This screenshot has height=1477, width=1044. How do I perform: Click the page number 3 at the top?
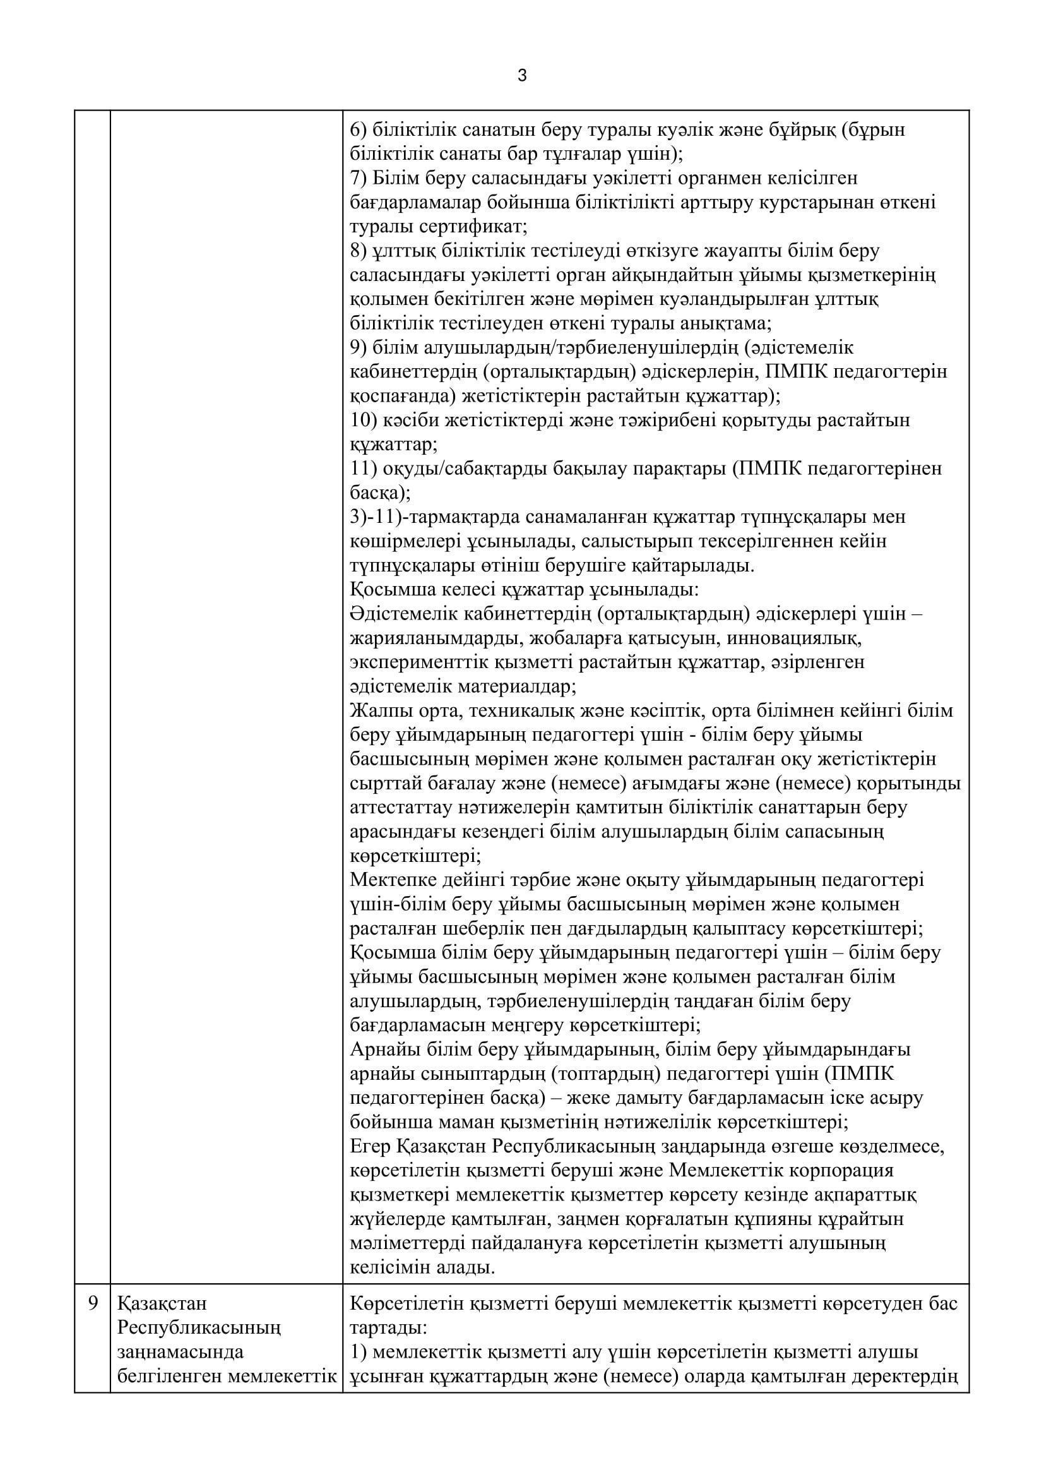pos(522,76)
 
